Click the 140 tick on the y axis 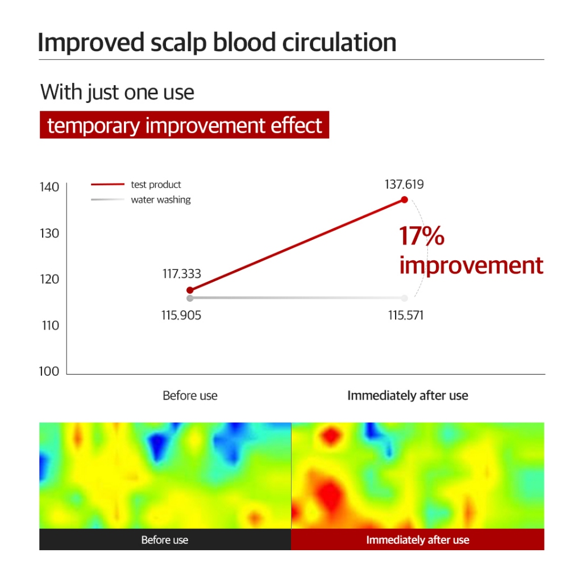(49, 187)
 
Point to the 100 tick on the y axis (49, 371)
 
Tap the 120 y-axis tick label (49, 279)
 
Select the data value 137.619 (404, 185)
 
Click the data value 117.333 (182, 274)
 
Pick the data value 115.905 (181, 315)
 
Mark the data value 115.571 (406, 315)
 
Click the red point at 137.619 (405, 199)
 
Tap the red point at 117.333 (190, 290)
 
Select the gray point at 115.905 (190, 298)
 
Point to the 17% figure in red (422, 236)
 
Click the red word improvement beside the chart (471, 265)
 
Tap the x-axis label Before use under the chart (190, 396)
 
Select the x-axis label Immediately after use (408, 396)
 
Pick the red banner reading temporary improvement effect (184, 125)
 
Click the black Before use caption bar (165, 539)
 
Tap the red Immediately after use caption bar (418, 539)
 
